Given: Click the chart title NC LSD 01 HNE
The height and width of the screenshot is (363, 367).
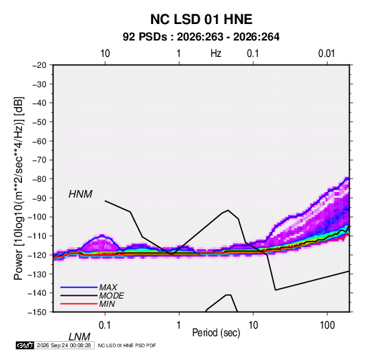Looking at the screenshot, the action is point(201,19).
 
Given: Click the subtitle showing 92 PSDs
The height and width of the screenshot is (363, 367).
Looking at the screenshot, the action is point(201,37).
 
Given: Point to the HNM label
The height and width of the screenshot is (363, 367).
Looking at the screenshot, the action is point(80,194).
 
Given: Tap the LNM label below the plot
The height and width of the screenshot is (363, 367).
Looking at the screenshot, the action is point(80,337).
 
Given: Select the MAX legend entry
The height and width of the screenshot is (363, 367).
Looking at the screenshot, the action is point(108,287).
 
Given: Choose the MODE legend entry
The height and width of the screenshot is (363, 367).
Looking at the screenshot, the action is point(111,296).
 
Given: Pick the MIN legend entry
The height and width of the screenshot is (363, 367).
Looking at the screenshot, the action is point(107,304).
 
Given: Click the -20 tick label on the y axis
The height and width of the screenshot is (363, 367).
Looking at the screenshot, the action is point(39,65).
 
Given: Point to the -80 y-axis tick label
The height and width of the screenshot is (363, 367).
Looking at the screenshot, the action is point(39,179).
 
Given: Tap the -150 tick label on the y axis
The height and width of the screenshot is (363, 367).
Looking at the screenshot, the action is point(37,312).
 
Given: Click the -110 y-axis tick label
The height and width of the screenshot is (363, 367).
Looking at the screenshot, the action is point(37,236).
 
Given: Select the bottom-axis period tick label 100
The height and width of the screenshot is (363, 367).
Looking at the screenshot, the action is point(327,325).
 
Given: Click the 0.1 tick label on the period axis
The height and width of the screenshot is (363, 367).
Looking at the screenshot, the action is point(105,325).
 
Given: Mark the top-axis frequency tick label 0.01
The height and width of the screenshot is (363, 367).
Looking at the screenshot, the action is point(327,54).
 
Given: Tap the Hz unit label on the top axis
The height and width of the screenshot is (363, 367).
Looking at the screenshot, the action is point(216,54).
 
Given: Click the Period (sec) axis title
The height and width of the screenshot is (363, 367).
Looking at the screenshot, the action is point(216,333).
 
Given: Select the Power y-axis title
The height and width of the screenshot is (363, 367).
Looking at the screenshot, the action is point(19,189).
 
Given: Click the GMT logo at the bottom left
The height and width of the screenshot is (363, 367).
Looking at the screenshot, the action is point(25,345).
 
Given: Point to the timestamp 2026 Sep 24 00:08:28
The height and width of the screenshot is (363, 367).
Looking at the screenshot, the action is point(64,345).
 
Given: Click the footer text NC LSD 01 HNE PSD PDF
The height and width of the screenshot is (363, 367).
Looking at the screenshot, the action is point(127,345).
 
